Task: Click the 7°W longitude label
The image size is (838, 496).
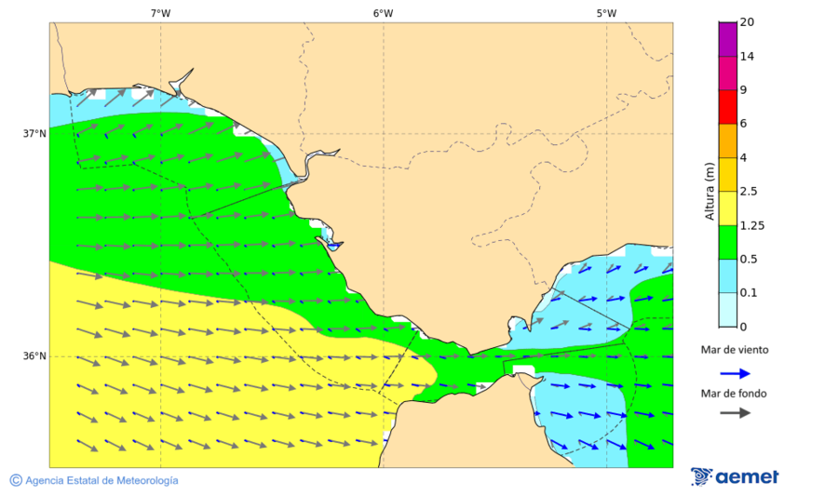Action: pos(160,13)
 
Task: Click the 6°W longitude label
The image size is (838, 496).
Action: pos(383,13)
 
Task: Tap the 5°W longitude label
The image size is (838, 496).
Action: pos(606,13)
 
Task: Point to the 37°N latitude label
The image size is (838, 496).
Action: pos(34,133)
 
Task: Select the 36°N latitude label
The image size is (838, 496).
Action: pos(34,356)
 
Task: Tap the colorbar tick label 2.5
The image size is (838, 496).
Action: pos(748,192)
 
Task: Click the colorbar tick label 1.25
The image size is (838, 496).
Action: pos(750,225)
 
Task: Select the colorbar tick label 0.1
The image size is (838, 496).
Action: pos(748,293)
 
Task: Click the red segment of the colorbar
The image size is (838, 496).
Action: pos(727,106)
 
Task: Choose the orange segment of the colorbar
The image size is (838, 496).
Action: pos(727,141)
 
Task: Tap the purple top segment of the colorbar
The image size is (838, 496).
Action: pos(727,39)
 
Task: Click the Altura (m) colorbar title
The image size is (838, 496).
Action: pos(710,191)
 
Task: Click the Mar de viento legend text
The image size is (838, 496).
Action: pos(735,350)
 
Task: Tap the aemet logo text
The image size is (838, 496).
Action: pos(747,477)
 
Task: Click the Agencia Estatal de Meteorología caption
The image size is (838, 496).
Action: pos(101,481)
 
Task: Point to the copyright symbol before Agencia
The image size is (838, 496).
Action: pos(16,480)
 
